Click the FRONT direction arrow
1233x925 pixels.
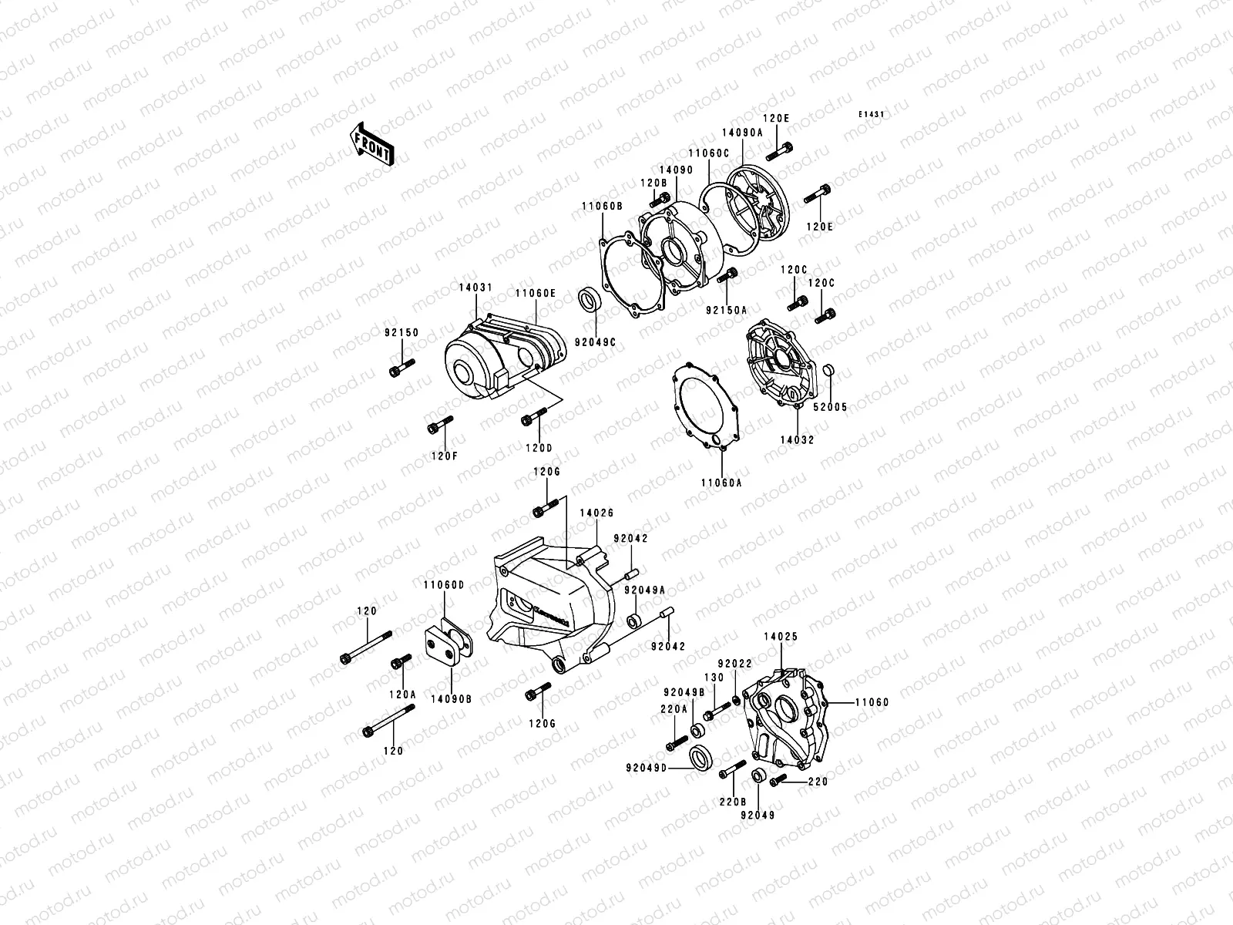pos(372,144)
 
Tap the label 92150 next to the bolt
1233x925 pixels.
pos(401,333)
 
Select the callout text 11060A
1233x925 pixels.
pos(721,483)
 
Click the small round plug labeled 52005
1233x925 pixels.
pos(828,372)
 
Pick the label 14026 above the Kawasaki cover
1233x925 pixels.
pos(596,513)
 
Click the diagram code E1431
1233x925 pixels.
pos(872,114)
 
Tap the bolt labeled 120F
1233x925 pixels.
pos(439,425)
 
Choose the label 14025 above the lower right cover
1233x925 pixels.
pos(781,637)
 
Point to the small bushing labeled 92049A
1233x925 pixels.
pos(633,621)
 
